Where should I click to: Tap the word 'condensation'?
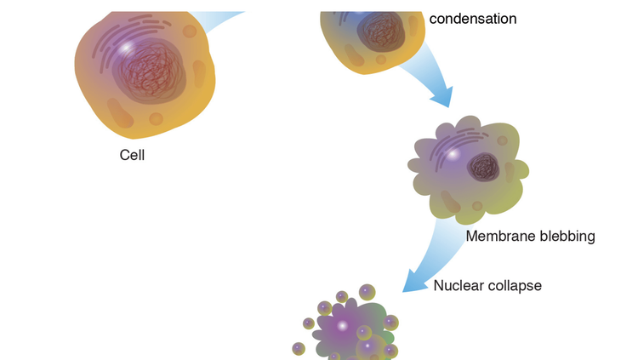click(473, 19)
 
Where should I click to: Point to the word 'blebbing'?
click(566, 236)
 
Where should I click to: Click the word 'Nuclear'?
click(459, 285)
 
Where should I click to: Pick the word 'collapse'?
click(514, 285)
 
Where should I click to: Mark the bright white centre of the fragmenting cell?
click(342, 326)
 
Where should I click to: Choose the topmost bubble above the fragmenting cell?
click(367, 292)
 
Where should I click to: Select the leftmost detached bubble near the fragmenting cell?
click(299, 348)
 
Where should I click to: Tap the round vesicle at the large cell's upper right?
click(191, 31)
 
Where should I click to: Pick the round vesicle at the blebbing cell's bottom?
click(477, 206)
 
